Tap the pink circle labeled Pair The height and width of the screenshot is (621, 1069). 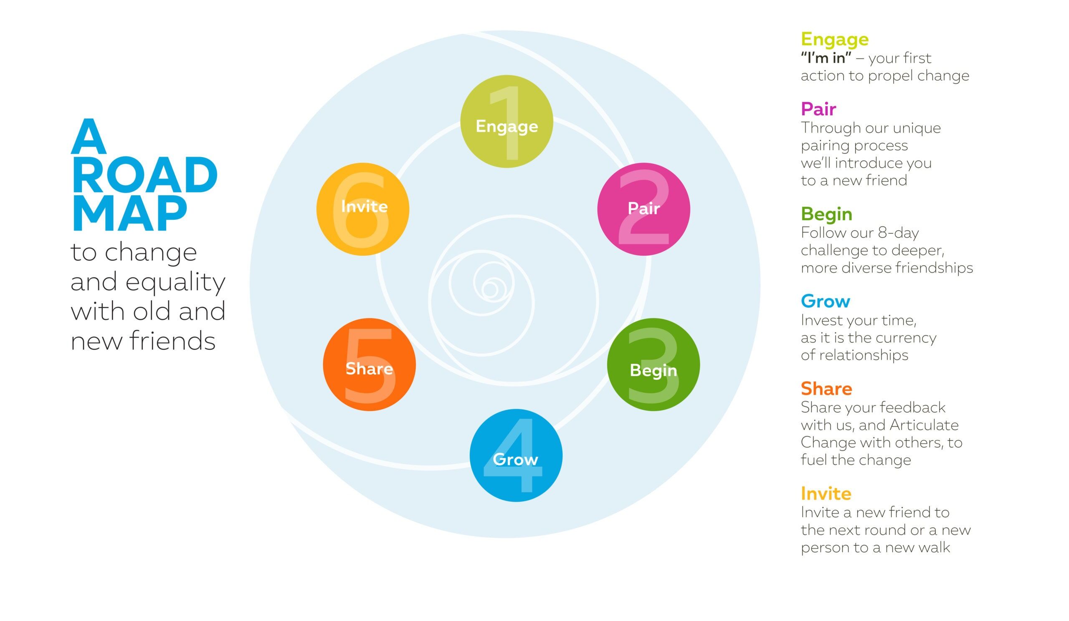coord(643,209)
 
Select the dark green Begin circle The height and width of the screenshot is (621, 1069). coord(653,365)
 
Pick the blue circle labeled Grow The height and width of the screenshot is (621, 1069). coord(516,456)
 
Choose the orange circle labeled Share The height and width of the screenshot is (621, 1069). coord(369,365)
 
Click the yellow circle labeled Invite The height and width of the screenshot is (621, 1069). coord(363,209)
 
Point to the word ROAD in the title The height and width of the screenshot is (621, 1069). coord(144,175)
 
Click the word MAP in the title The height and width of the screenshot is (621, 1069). coord(129,214)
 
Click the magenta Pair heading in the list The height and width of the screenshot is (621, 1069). coord(818,109)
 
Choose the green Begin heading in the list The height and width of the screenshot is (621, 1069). coord(826,214)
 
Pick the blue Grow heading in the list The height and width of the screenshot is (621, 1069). coord(826,301)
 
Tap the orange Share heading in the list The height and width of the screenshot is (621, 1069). coord(826,388)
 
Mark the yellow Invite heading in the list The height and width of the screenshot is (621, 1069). coord(826,493)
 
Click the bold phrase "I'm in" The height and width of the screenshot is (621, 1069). coord(826,58)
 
